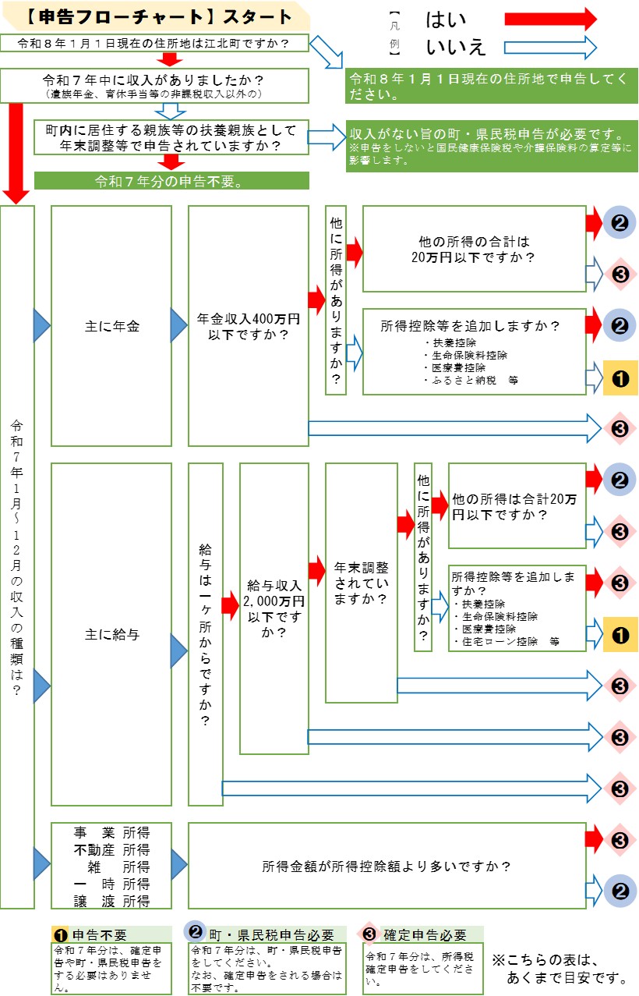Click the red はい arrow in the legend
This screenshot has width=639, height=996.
click(549, 19)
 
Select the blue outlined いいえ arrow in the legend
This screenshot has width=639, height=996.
click(549, 48)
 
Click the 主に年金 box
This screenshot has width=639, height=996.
click(111, 326)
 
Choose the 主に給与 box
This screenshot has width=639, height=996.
click(111, 634)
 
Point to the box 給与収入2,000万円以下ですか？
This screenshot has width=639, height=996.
click(274, 608)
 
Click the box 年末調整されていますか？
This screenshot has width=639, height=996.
click(361, 583)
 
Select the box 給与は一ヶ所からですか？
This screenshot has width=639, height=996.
click(206, 634)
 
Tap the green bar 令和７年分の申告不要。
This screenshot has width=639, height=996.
click(171, 181)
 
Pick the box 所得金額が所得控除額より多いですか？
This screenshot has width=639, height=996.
click(387, 866)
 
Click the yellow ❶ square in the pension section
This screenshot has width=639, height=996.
click(620, 378)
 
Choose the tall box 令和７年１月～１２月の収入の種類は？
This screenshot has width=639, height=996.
click(17, 557)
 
